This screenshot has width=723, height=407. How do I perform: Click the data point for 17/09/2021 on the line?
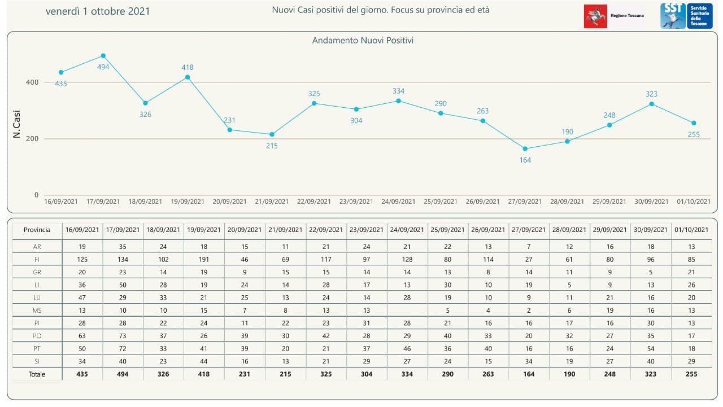tap(103, 56)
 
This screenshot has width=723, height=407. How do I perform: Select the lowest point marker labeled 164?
tap(525, 149)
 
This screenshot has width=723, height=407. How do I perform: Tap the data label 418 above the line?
tap(188, 68)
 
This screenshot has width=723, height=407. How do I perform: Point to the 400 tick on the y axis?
tap(32, 82)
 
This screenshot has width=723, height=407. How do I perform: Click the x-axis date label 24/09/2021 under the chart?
tap(399, 202)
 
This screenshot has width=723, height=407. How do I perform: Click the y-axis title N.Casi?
tap(16, 124)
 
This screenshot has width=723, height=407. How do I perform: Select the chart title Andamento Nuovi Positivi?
tap(363, 41)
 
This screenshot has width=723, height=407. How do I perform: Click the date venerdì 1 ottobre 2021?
tap(98, 11)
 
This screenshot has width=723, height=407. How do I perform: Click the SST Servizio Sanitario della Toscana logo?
tap(686, 15)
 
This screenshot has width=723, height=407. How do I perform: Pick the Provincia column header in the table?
tap(37, 230)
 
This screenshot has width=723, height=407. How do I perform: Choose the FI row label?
tap(37, 260)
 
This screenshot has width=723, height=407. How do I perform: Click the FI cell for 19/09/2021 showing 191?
tap(204, 260)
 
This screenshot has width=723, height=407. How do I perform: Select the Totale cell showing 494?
tap(123, 374)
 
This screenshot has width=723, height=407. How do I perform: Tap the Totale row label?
tap(37, 374)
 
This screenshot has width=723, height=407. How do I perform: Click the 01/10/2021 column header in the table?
tap(691, 230)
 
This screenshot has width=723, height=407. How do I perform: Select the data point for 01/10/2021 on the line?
tap(694, 123)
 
